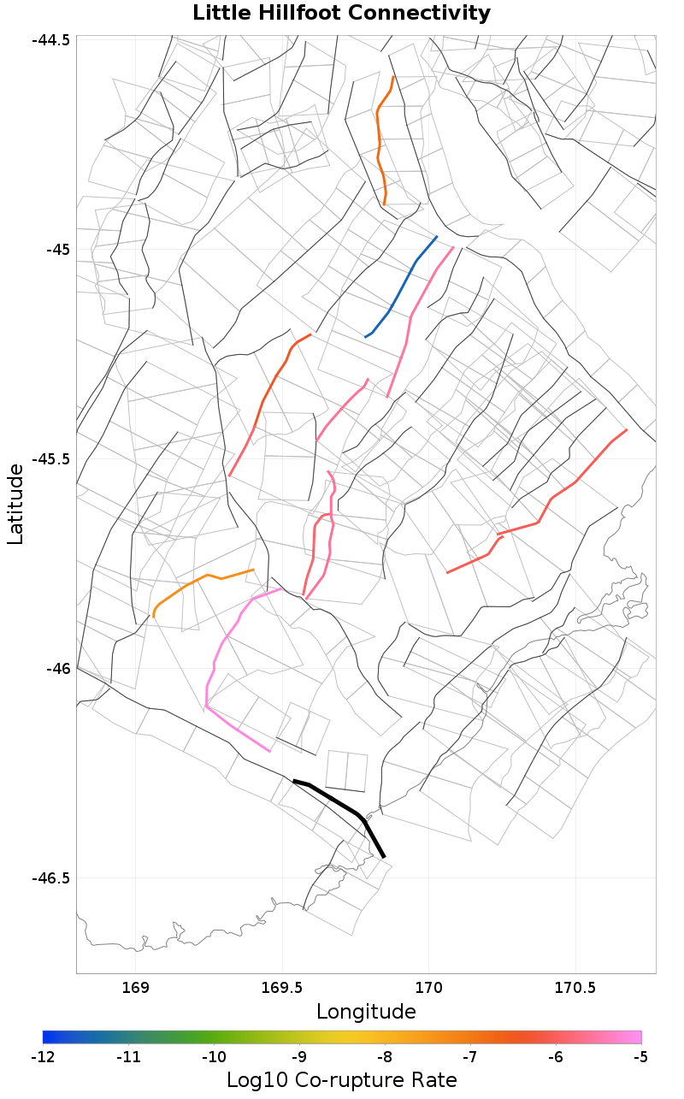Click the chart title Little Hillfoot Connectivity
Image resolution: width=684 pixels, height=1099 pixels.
point(341,14)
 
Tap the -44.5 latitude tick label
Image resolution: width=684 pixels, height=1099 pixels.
point(53,40)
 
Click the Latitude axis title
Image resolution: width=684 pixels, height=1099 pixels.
point(16,505)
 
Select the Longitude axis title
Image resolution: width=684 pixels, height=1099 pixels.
point(366,1012)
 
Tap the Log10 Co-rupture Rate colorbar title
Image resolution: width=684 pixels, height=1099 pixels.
point(341,1079)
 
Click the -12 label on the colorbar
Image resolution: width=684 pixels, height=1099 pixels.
point(43,1058)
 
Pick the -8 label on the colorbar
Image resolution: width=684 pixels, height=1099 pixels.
point(385,1058)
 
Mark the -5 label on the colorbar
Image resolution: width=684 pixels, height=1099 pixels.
point(640,1058)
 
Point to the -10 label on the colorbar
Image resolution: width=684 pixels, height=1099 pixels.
point(214,1058)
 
